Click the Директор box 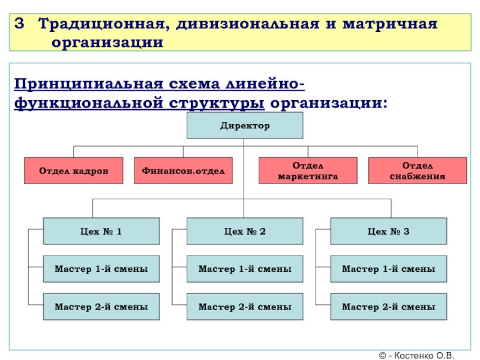pyautogui.click(x=245, y=126)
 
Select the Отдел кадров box pyautogui.click(x=74, y=171)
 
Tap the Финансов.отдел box pyautogui.click(x=184, y=171)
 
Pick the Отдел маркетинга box pyautogui.click(x=308, y=171)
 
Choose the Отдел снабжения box pyautogui.click(x=418, y=171)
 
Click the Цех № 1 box pyautogui.click(x=101, y=231)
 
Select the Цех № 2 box pyautogui.click(x=245, y=231)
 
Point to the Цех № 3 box pyautogui.click(x=389, y=231)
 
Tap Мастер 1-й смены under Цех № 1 pyautogui.click(x=101, y=269)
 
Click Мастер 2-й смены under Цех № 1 pyautogui.click(x=101, y=307)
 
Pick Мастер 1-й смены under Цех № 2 pyautogui.click(x=245, y=269)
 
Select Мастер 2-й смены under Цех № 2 pyautogui.click(x=245, y=307)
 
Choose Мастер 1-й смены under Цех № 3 pyautogui.click(x=389, y=269)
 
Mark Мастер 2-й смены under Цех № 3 pyautogui.click(x=389, y=307)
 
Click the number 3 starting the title pyautogui.click(x=20, y=25)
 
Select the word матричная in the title pyautogui.click(x=391, y=25)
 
